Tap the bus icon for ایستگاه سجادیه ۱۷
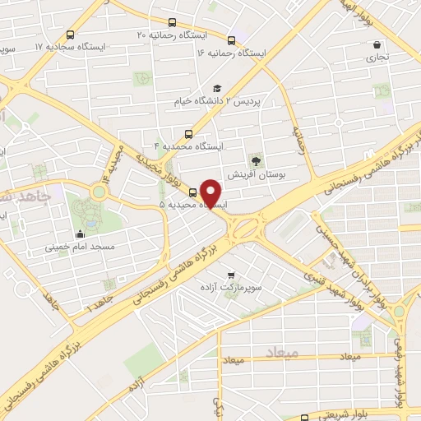tap(69, 35)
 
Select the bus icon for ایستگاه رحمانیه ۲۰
tap(171, 24)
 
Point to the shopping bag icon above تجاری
tap(377, 44)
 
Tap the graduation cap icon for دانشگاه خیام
tap(216, 89)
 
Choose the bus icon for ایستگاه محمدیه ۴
tap(189, 134)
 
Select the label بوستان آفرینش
tap(258, 175)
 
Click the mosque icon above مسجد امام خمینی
tap(80, 234)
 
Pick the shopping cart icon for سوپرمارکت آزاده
tap(230, 275)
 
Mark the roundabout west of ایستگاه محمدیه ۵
tap(99, 192)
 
